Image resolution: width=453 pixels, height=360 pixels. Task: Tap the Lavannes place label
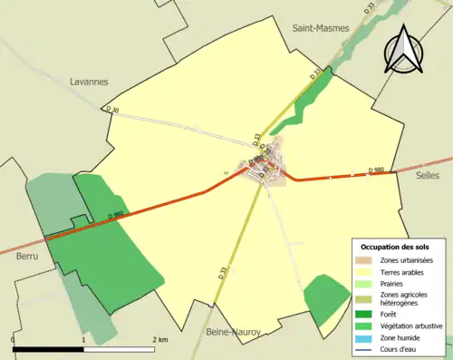89,81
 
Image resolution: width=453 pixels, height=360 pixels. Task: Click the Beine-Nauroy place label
235,333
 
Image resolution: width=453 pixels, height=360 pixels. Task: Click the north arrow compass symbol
402,51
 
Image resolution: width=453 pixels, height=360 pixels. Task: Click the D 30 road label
112,110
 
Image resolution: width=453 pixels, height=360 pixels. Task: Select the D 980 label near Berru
114,215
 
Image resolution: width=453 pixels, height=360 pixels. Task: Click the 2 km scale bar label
161,340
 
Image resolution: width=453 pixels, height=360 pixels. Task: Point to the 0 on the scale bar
14,340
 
